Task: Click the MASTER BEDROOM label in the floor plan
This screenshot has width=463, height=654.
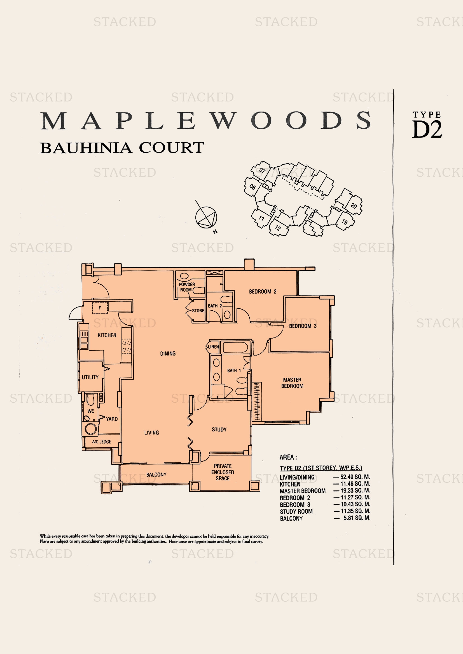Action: (292, 383)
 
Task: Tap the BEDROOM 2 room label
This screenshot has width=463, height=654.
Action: (263, 291)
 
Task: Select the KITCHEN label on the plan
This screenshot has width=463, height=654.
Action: (107, 335)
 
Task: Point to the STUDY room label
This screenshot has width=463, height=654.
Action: (219, 429)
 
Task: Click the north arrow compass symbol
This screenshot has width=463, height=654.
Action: (206, 217)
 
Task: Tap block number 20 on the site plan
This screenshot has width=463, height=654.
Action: (354, 206)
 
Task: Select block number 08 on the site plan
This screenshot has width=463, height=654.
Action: (252, 187)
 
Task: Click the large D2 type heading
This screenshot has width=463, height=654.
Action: (427, 130)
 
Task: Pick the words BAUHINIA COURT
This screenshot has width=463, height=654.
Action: (122, 148)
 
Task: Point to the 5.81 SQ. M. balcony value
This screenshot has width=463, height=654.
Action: (356, 518)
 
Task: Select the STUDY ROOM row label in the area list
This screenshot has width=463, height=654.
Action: (296, 511)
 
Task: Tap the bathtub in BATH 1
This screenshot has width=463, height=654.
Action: (235, 348)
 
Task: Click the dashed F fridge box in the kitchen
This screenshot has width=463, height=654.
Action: (100, 308)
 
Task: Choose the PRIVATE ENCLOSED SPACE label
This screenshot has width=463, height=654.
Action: (222, 472)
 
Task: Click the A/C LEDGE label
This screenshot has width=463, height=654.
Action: (102, 442)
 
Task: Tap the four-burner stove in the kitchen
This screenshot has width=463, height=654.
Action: (127, 346)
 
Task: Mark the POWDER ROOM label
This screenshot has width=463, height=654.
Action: (187, 287)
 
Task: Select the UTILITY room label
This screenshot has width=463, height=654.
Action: (90, 377)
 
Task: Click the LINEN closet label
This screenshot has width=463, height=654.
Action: (213, 347)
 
